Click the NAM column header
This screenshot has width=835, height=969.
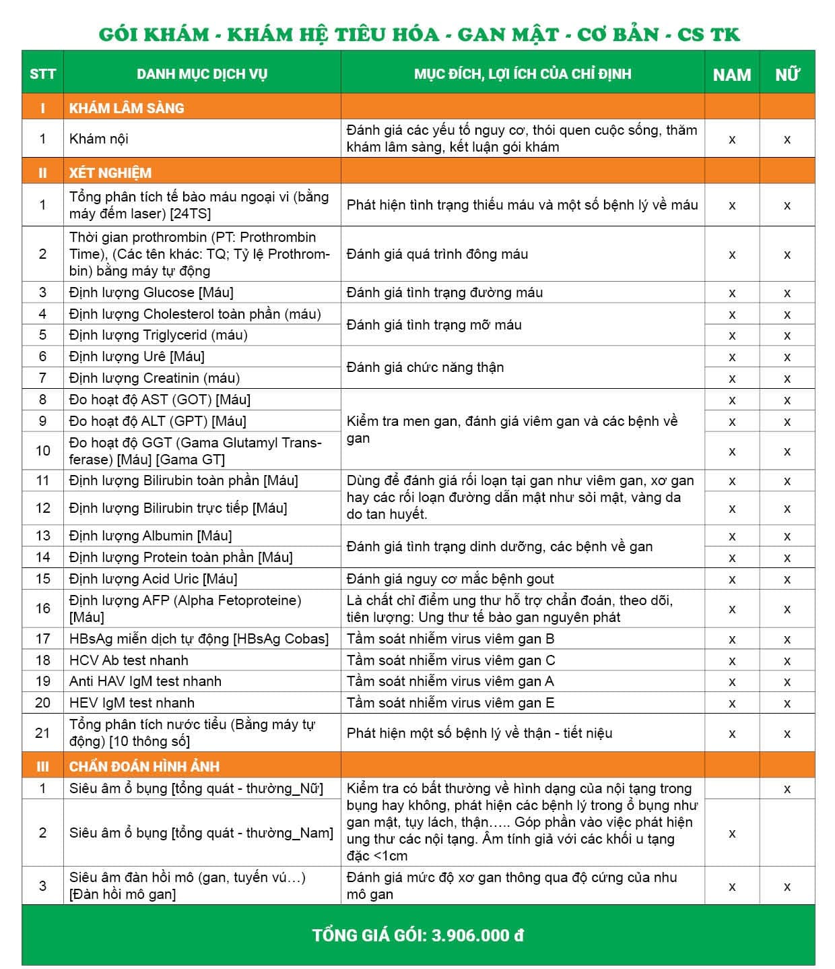click(731, 74)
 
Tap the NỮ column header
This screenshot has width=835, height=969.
click(787, 74)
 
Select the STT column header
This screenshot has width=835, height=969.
click(42, 74)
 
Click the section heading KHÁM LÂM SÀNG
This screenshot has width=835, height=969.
click(127, 108)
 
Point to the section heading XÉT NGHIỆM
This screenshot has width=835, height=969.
click(110, 173)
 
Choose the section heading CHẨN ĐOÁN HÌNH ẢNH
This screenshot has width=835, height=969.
click(144, 766)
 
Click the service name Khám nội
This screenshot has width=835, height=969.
click(99, 139)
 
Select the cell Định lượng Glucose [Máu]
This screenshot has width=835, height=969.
click(152, 292)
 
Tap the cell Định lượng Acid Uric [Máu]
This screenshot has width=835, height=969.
click(153, 579)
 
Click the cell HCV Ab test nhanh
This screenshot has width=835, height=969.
click(129, 660)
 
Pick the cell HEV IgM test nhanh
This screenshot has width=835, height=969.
click(132, 703)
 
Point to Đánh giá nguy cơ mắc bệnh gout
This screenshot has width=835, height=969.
click(450, 579)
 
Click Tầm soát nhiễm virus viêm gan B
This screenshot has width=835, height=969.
click(450, 639)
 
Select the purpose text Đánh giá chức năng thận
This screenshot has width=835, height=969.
click(425, 367)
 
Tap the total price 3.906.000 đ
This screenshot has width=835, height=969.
click(477, 935)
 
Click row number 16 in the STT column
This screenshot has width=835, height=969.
click(42, 608)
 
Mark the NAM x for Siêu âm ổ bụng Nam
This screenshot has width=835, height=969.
click(732, 834)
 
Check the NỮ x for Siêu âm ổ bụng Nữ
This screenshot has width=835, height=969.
click(787, 789)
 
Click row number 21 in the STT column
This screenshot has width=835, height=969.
click(42, 733)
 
